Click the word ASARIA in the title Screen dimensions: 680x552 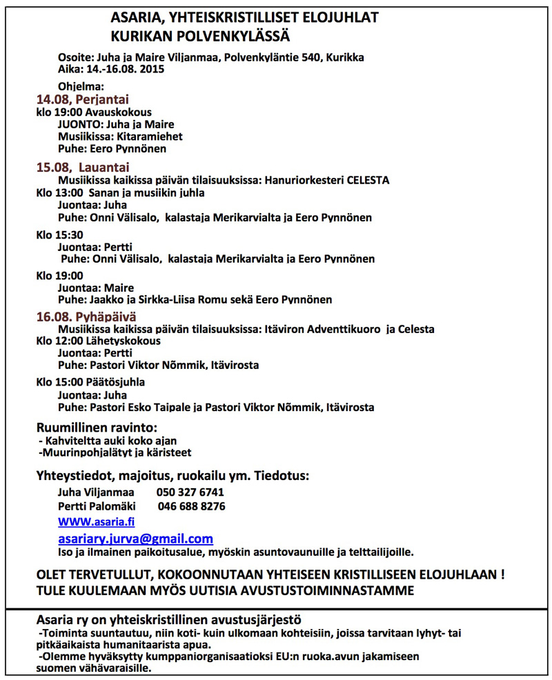pos(135,18)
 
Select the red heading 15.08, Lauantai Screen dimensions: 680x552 pos(83,167)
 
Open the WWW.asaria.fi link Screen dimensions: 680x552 pos(96,521)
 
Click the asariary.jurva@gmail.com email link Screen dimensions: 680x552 pos(135,539)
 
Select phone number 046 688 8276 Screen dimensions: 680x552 pos(191,506)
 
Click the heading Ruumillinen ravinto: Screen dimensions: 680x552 pos(97,428)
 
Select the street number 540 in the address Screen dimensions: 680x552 pos(312,57)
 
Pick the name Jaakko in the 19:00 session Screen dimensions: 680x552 pos(104,299)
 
